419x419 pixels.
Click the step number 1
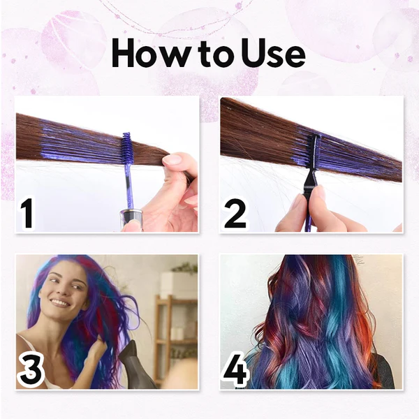(27, 214)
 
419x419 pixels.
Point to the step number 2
(235, 214)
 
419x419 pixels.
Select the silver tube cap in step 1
(131, 219)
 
